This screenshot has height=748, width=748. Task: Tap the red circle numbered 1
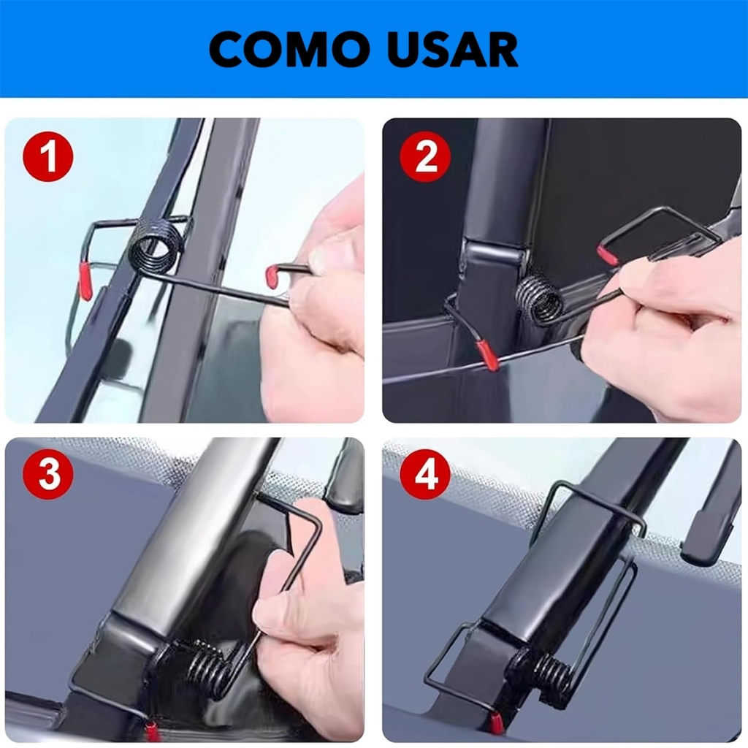(47, 157)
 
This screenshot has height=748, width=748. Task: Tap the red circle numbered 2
(426, 156)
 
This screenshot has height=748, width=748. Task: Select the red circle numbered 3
(49, 476)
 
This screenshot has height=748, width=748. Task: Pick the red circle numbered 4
(426, 476)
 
